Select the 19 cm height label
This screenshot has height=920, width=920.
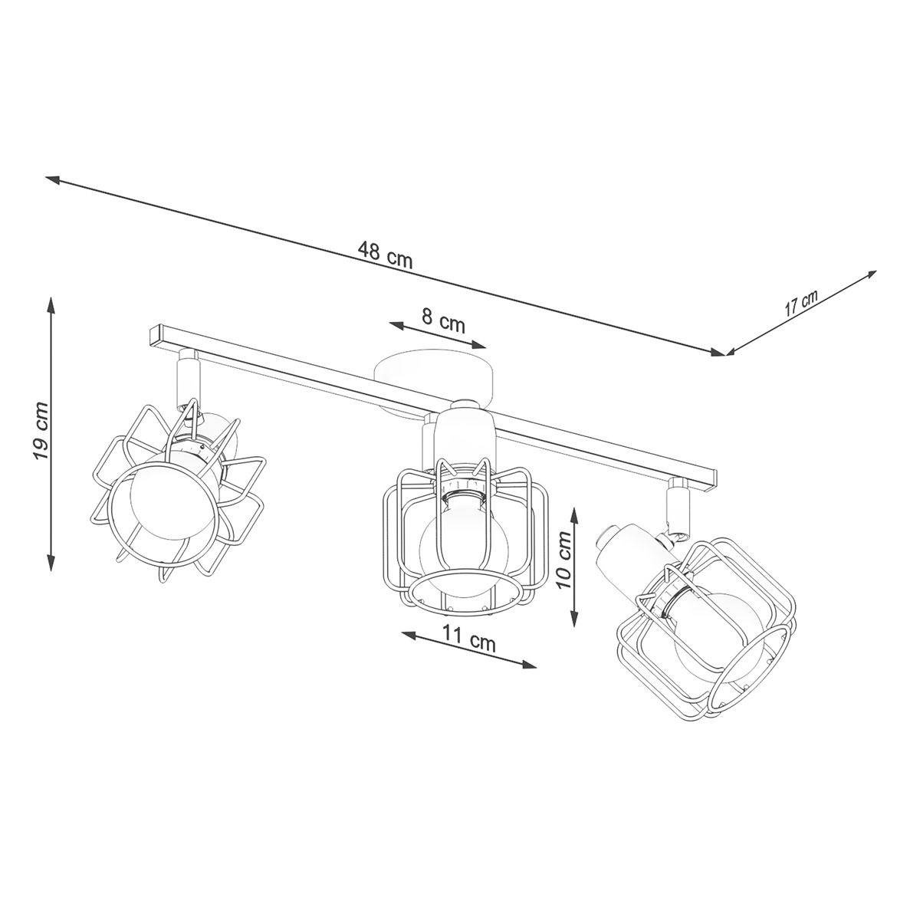(41, 431)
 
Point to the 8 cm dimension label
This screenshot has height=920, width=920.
(443, 322)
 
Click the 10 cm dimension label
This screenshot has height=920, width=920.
(565, 559)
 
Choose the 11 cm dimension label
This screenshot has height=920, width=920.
(469, 642)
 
